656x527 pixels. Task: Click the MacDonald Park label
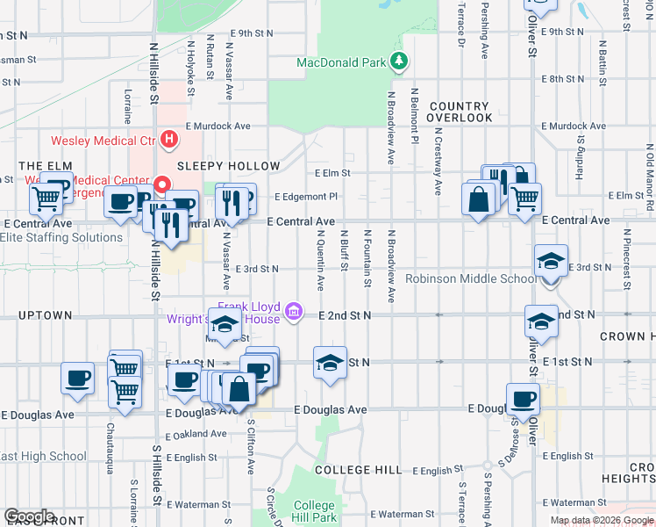pyautogui.click(x=341, y=63)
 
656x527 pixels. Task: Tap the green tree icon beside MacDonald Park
pyautogui.click(x=399, y=61)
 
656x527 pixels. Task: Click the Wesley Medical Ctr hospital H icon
pyautogui.click(x=168, y=140)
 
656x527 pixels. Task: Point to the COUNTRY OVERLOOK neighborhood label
pyautogui.click(x=460, y=112)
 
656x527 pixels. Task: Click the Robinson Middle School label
pyautogui.click(x=471, y=279)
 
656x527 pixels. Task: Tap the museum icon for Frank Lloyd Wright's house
pyautogui.click(x=294, y=310)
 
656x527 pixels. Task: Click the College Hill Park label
pyautogui.click(x=314, y=510)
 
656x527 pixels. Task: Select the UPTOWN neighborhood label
pyautogui.click(x=44, y=315)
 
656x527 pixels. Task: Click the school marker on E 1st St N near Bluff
pyautogui.click(x=329, y=363)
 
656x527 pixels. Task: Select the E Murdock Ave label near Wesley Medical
pyautogui.click(x=225, y=126)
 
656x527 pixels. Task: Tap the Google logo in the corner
pyautogui.click(x=28, y=516)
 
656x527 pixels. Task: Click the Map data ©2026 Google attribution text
pyautogui.click(x=601, y=520)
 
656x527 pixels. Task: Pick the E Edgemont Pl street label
pyautogui.click(x=306, y=197)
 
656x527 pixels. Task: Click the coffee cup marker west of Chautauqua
pyautogui.click(x=77, y=378)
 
